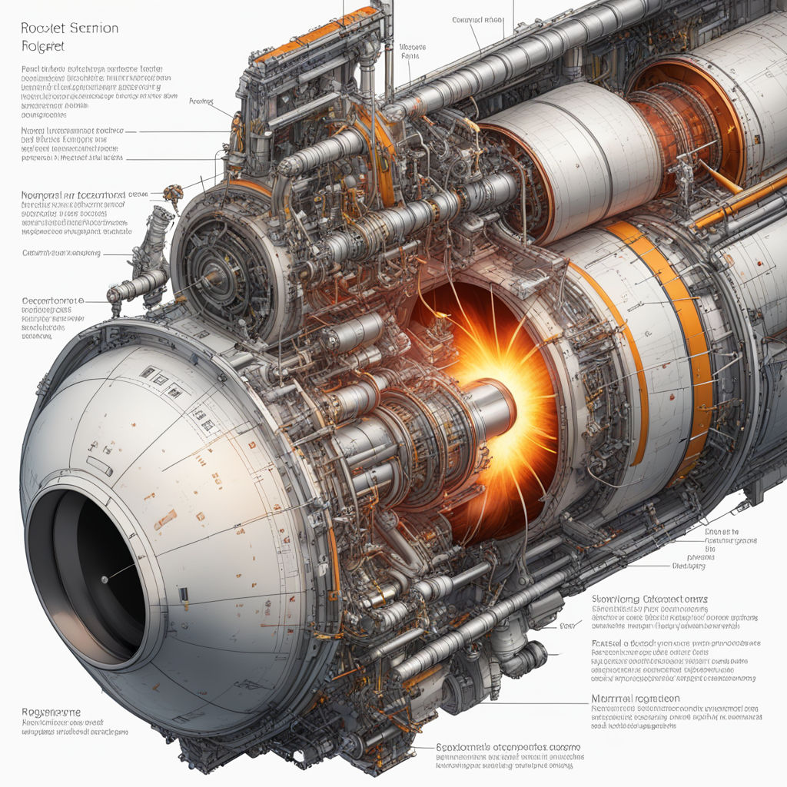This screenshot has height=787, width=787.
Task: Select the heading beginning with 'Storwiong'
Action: coord(649,598)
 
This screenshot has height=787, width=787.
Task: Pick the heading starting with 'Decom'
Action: coord(52,301)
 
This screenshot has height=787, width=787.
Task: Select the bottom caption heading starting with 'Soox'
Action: coord(508,746)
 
